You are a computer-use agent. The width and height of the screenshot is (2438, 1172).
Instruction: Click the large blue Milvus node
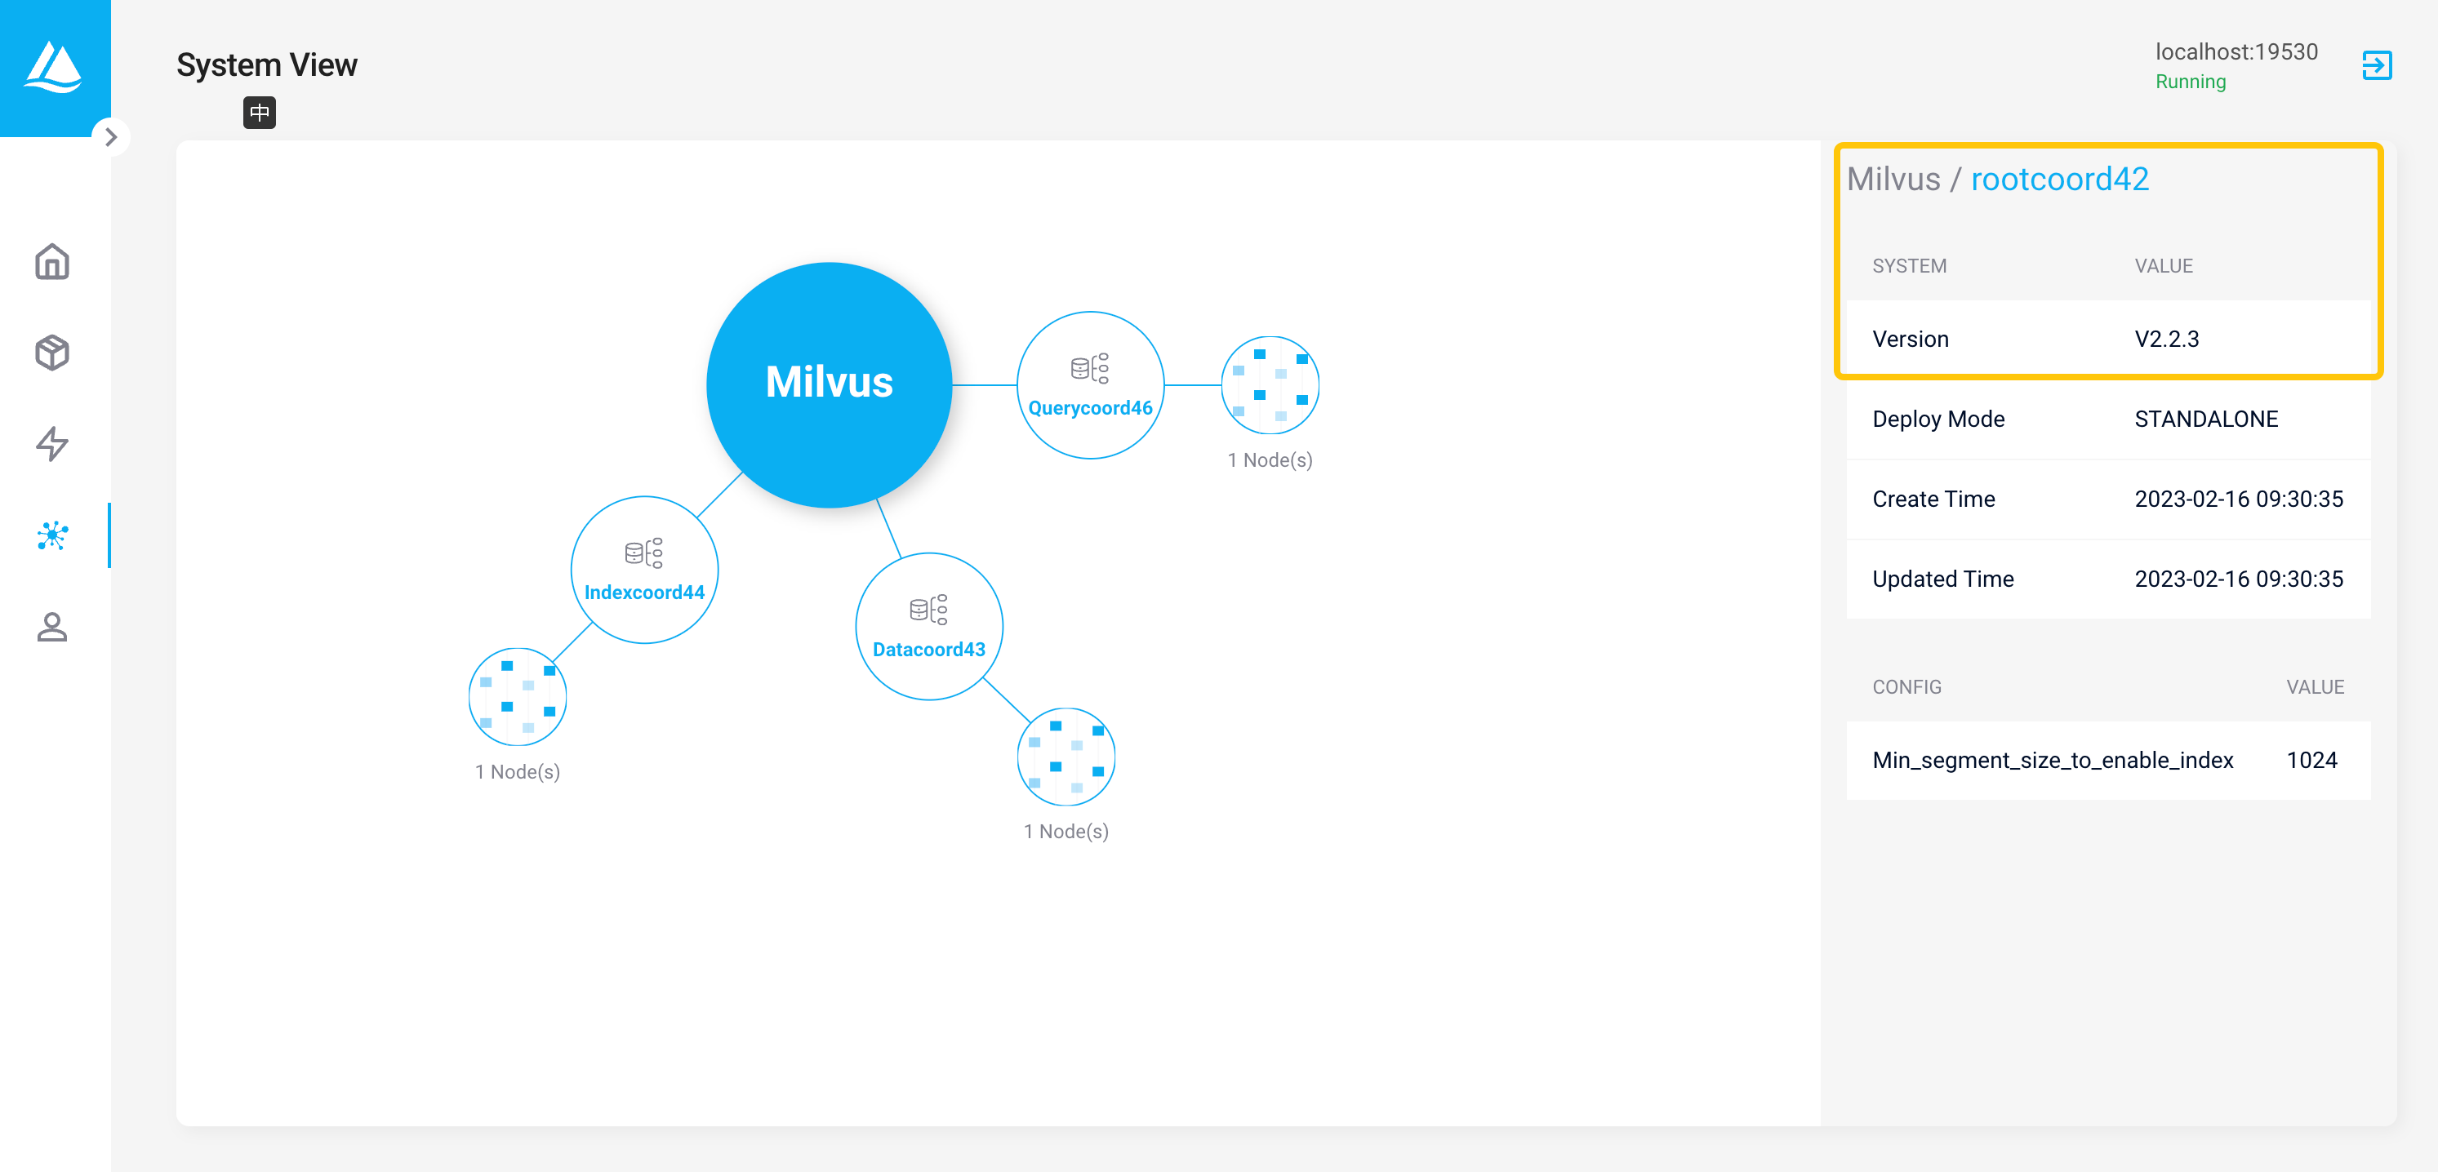coord(829,384)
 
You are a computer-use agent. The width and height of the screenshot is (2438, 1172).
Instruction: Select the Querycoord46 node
coord(1090,385)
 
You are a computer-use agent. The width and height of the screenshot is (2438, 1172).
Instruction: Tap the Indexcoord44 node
coord(644,570)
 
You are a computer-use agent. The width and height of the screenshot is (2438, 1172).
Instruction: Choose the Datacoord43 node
coord(928,626)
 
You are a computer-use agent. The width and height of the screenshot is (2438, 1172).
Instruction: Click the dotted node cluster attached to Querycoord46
coord(1270,385)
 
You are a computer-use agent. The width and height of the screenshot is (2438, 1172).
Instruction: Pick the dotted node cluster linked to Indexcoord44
coord(518,696)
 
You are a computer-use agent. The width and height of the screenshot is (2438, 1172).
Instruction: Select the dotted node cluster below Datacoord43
coord(1066,757)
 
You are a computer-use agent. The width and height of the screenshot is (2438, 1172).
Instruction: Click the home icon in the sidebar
coord(52,262)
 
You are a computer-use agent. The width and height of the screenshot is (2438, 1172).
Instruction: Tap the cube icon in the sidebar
coord(52,353)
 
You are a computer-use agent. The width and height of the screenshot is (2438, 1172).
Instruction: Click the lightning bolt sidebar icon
coord(52,444)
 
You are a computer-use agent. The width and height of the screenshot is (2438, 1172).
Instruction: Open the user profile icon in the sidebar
coord(52,626)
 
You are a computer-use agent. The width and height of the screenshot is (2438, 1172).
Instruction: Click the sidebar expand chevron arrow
coord(112,137)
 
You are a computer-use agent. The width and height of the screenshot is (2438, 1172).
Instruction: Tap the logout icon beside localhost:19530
coord(2377,65)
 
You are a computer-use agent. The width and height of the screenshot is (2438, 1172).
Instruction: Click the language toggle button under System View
coord(260,113)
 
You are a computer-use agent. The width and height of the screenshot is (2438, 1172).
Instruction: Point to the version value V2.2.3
coord(2166,339)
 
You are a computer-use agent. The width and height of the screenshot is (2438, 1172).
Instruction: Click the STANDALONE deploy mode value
coord(2206,419)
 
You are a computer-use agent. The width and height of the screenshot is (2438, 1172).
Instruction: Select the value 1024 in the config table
coord(2311,761)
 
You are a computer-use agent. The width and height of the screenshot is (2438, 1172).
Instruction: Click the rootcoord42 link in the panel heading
coord(2059,179)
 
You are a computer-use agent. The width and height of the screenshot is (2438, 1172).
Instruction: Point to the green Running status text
coord(2190,82)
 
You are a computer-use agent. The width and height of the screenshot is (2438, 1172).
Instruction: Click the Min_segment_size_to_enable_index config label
coord(2052,761)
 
